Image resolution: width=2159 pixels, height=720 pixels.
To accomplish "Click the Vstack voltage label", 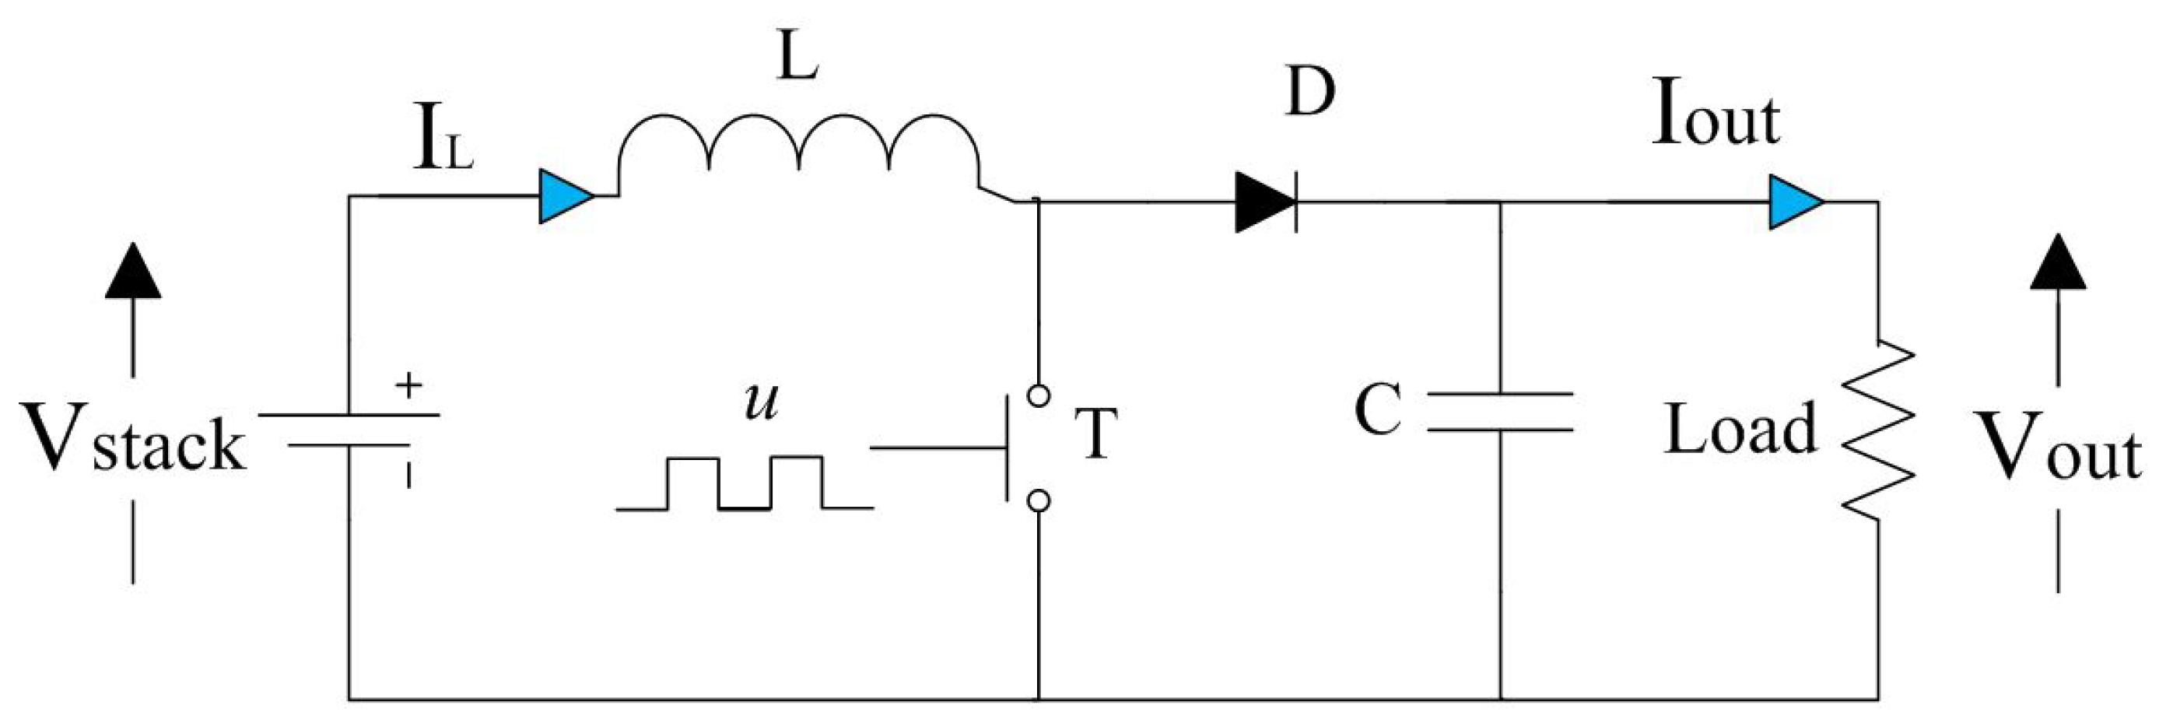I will pyautogui.click(x=134, y=438).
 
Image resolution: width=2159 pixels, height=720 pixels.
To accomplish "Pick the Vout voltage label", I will pyautogui.click(x=2058, y=448).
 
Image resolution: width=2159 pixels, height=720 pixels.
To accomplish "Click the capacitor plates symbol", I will pyautogui.click(x=1499, y=412).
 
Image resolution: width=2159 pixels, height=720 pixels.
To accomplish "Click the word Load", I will pyautogui.click(x=1738, y=429).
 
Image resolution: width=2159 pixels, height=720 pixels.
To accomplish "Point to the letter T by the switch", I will pyautogui.click(x=1096, y=434).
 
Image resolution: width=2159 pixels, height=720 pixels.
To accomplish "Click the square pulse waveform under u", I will pyautogui.click(x=745, y=483).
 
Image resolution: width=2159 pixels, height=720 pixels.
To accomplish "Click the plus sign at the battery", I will pyautogui.click(x=408, y=385).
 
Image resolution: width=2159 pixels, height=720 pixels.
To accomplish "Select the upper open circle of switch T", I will pyautogui.click(x=1039, y=395).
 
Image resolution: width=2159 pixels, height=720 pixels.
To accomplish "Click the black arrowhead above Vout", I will pyautogui.click(x=2058, y=264).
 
